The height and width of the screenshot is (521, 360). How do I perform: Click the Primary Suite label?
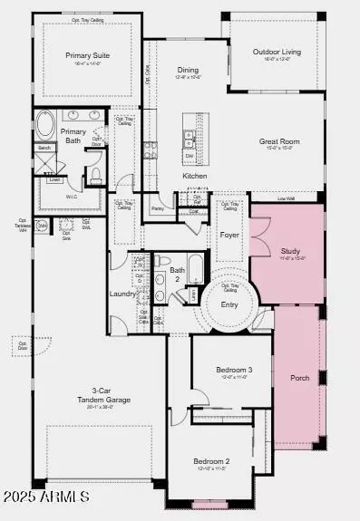[x=87, y=55]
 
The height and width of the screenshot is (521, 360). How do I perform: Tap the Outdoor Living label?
[x=277, y=52]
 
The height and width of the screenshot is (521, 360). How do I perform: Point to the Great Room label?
[x=279, y=140]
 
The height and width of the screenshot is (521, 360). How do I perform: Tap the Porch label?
[x=298, y=377]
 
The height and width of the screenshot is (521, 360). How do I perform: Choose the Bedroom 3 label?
[x=234, y=370]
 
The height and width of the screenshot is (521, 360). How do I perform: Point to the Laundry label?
[x=122, y=294]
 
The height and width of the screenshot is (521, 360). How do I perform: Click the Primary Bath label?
[x=73, y=136]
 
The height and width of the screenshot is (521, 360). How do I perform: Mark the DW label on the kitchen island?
[x=189, y=155]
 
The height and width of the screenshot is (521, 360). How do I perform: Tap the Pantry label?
[x=158, y=208]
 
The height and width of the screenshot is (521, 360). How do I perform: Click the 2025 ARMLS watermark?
[x=45, y=497]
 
